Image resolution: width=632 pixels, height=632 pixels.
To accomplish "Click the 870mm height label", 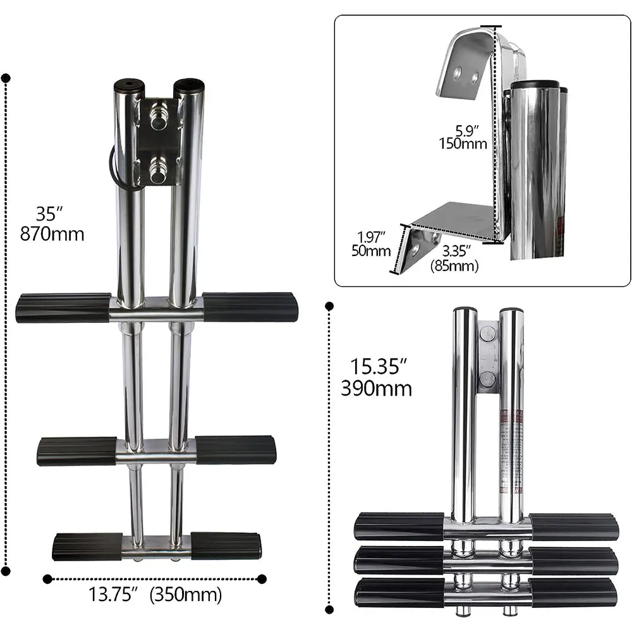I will [52, 234].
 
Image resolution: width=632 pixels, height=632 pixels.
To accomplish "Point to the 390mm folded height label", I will [376, 387].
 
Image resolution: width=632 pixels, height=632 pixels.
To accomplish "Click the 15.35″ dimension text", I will [376, 365].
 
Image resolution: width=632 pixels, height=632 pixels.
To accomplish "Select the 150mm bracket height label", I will [463, 143].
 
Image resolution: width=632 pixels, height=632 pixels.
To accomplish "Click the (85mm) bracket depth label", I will [454, 266].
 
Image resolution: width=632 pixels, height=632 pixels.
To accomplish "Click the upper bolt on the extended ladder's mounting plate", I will [159, 118].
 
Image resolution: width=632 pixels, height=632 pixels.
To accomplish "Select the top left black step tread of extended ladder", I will [63, 308].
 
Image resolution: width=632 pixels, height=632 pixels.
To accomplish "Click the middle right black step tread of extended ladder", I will [236, 449].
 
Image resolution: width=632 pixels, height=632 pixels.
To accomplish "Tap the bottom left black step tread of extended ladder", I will [87, 546].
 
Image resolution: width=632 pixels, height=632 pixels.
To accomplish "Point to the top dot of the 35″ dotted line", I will [6, 78].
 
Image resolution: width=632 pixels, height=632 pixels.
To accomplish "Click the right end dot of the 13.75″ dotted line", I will [262, 578].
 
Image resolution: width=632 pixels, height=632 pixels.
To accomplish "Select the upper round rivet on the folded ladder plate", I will [487, 336].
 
